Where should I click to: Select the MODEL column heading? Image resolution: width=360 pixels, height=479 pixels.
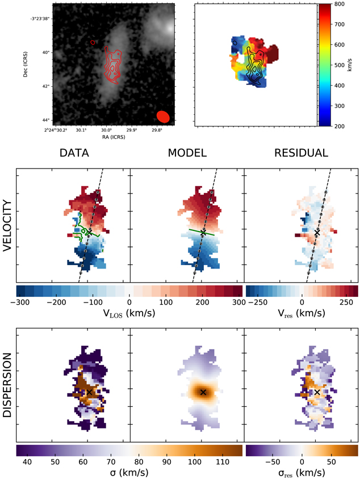[x=188, y=153]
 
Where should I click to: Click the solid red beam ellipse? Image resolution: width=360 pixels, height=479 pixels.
[x=163, y=116]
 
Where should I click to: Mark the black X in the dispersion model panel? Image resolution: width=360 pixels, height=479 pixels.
[x=203, y=392]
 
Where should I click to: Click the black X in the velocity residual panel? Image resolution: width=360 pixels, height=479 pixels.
[x=317, y=233]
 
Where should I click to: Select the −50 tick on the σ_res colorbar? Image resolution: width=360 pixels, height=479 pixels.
[x=271, y=460]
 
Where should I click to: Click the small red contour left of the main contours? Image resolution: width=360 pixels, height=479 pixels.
[x=93, y=41]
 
